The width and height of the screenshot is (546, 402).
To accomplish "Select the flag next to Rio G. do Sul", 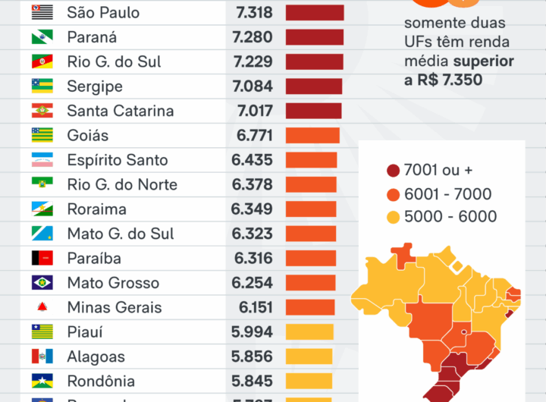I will pos(42,61).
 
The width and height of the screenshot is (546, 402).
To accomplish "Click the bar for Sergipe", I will pos(314,86).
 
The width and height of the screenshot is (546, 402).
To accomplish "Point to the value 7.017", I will pos(254,111).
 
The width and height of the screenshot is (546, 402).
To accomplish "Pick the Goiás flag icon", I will pos(42,135).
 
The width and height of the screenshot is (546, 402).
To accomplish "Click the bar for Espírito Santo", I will pos(311,160).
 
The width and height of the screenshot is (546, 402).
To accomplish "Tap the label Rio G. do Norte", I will pos(122,184).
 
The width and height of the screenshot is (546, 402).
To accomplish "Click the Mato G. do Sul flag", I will pos(42,234).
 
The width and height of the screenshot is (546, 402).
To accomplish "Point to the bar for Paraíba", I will pos(310,258).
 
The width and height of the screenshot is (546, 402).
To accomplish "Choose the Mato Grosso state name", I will pos(113,283).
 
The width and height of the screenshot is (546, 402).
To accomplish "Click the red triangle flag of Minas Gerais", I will pos(42,308).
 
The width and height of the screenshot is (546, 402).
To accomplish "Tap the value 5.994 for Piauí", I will pos(252,332).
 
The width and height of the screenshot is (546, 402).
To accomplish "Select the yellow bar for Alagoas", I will pos(309,356).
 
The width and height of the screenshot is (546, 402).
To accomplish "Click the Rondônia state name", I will pos(101,381).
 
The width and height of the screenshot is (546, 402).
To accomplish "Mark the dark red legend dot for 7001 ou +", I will pos(393,171).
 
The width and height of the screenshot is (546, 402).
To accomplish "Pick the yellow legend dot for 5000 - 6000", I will pos(393,218).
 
